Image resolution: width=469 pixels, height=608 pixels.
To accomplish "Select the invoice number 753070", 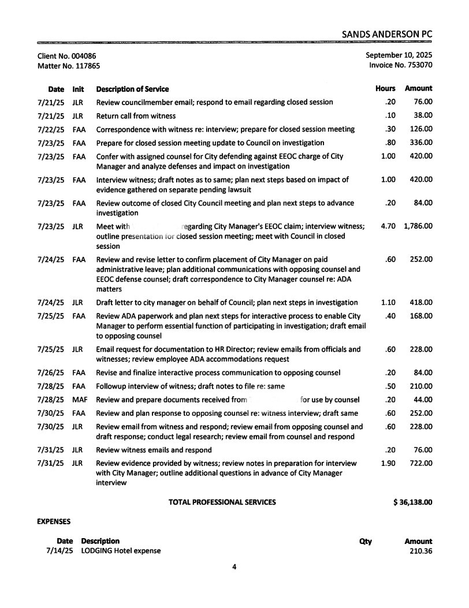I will pyautogui.click(x=418, y=65).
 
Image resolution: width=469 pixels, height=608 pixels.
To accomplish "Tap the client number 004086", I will pyautogui.click(x=84, y=55).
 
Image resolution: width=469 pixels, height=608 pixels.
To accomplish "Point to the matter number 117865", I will pyautogui.click(x=88, y=66).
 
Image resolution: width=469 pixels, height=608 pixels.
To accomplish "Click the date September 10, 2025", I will pyautogui.click(x=399, y=55).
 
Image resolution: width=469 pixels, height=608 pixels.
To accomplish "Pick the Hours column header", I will pyautogui.click(x=385, y=89).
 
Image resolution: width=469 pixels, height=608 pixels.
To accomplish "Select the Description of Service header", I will pyautogui.click(x=132, y=89).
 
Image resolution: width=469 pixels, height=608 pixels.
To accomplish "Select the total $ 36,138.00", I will pyautogui.click(x=412, y=502).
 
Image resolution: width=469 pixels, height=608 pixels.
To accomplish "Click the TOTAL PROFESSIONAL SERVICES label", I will pyautogui.click(x=222, y=502).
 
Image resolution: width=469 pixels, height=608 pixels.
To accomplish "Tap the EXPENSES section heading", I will pyautogui.click(x=54, y=521).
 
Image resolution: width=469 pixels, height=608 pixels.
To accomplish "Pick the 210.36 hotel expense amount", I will pyautogui.click(x=420, y=551).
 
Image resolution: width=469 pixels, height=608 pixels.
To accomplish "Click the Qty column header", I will pyautogui.click(x=365, y=541).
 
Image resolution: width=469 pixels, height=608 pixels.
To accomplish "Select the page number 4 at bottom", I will pyautogui.click(x=234, y=567).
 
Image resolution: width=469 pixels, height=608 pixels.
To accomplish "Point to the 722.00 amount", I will pyautogui.click(x=421, y=463).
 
